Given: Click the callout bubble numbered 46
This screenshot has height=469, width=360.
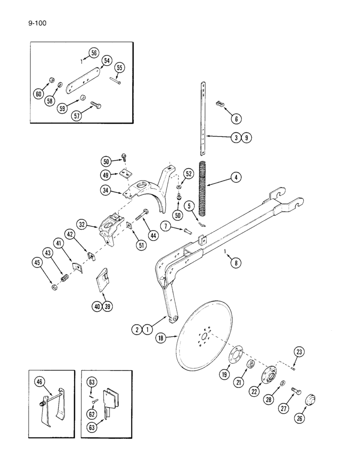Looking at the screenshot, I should point(39,382).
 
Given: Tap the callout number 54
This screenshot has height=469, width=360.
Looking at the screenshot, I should point(107,61).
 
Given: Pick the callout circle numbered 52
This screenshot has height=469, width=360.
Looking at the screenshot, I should point(188,174).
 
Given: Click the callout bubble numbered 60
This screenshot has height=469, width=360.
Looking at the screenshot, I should point(38,94).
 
